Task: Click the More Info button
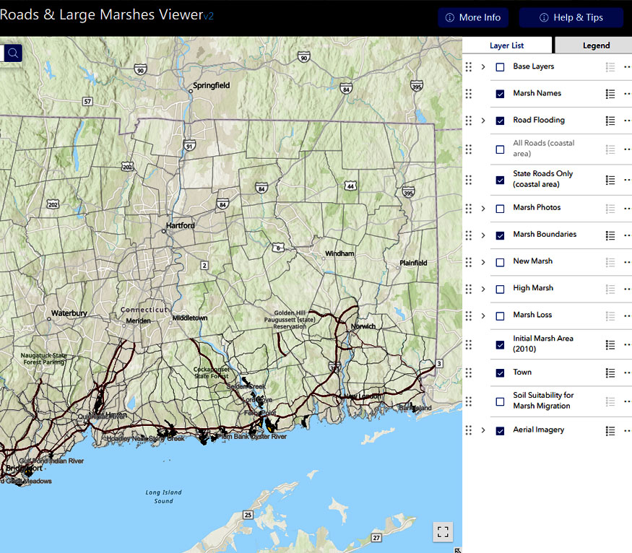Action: tap(473, 18)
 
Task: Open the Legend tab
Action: tap(596, 45)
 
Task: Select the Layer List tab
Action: tap(507, 45)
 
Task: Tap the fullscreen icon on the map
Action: tap(443, 532)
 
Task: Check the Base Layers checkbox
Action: tap(500, 67)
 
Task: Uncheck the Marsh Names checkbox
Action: tap(500, 94)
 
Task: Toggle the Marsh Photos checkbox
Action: tap(500, 209)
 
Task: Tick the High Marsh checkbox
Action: tap(500, 289)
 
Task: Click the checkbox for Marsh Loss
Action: tap(500, 315)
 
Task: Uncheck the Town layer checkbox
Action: tap(500, 373)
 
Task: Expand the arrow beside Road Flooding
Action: tap(483, 121)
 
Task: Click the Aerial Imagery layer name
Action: tap(538, 430)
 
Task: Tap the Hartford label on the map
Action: tap(180, 225)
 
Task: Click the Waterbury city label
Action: tap(69, 313)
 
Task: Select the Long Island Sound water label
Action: tap(163, 497)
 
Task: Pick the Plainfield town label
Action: tap(413, 263)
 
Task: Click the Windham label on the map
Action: tap(339, 254)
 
